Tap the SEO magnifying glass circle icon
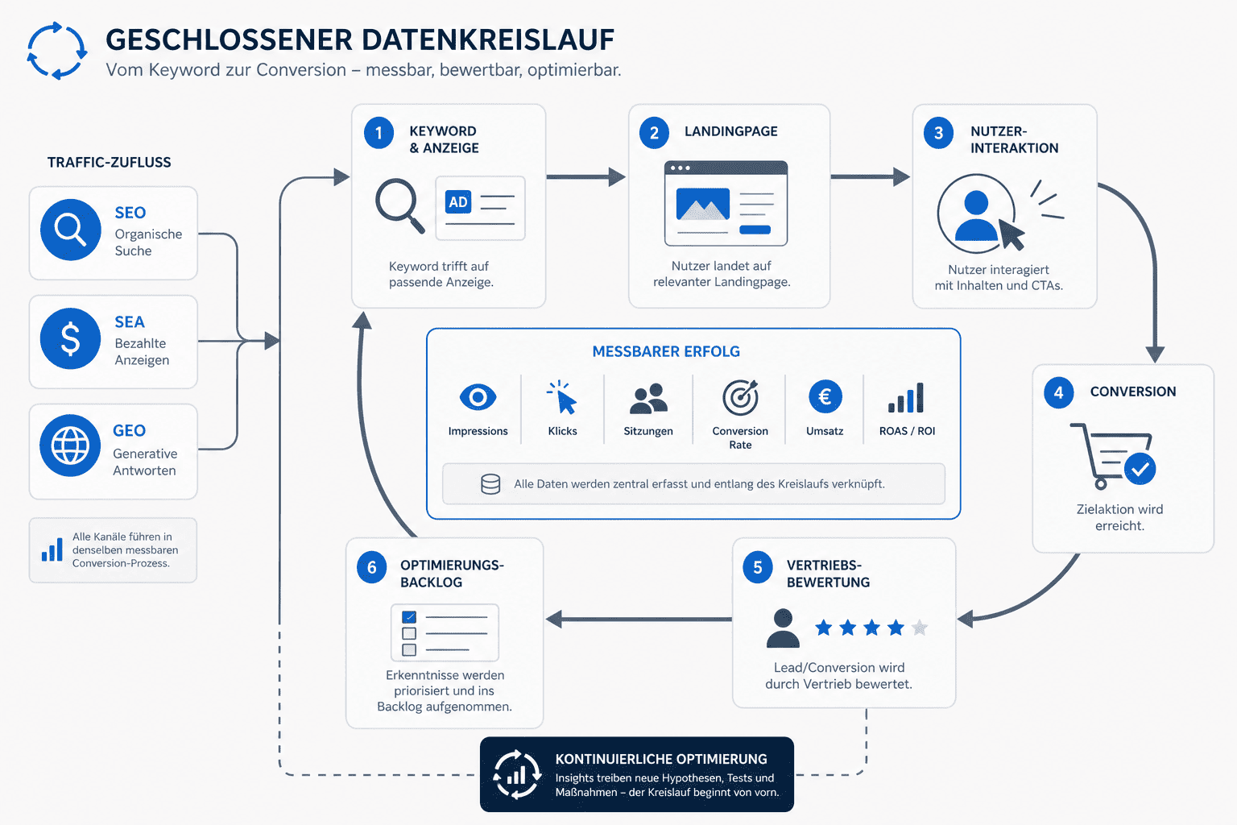[x=71, y=230]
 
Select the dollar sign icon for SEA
[x=71, y=338]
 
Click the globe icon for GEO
[x=70, y=446]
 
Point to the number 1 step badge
[x=379, y=133]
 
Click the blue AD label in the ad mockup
[x=458, y=202]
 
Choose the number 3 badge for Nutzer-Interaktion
[x=938, y=133]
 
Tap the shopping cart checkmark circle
[x=1140, y=469]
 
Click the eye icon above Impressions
[x=478, y=396]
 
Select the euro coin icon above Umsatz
[x=825, y=396]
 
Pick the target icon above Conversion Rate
[x=740, y=397]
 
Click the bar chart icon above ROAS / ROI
[x=906, y=398]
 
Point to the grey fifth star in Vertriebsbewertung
[x=920, y=628]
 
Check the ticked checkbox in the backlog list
[x=409, y=616]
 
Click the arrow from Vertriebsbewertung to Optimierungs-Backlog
[x=639, y=619]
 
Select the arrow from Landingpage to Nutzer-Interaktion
[x=871, y=176]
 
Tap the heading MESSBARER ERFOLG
[x=666, y=351]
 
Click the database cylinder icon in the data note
[x=490, y=484]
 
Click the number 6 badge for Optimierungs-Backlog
[x=371, y=567]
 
